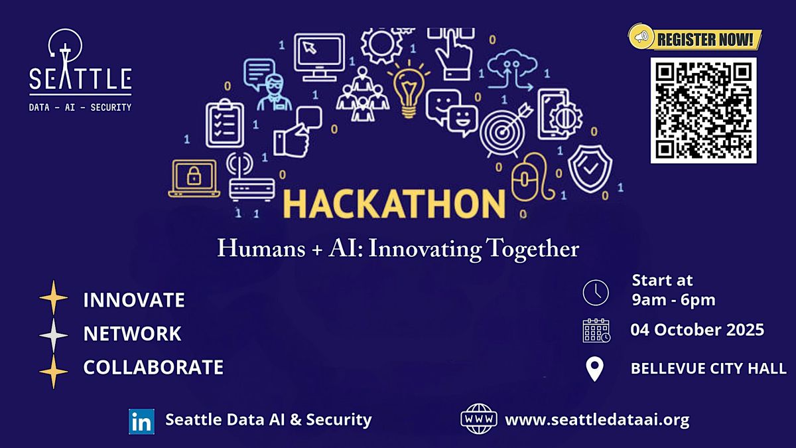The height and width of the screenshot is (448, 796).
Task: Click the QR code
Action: [703, 111]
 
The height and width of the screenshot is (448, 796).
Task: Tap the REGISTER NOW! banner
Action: [695, 39]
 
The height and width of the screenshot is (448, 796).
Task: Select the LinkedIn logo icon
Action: [141, 421]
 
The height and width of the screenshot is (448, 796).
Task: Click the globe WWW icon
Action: [479, 419]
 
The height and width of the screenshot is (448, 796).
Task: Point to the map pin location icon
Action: [594, 369]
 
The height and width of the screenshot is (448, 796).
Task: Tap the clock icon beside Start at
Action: [596, 293]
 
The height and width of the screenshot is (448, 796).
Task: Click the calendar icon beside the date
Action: [596, 331]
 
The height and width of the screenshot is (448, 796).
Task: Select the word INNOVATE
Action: [134, 300]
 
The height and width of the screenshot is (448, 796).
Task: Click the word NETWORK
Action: [132, 333]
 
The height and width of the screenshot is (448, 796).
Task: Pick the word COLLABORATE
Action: [153, 367]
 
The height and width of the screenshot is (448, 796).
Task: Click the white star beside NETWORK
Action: [53, 335]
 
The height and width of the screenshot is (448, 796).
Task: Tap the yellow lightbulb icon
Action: [409, 89]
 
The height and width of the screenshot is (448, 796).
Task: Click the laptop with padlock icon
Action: [194, 179]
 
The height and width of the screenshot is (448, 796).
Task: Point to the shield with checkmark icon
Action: [590, 169]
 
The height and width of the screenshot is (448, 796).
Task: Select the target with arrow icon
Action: [505, 130]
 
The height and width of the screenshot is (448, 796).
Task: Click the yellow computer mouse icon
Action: [532, 177]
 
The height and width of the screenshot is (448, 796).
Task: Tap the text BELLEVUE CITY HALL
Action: [708, 368]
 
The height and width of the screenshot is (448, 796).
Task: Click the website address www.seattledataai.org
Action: [598, 419]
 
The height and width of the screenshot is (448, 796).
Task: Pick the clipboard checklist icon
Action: [225, 123]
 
